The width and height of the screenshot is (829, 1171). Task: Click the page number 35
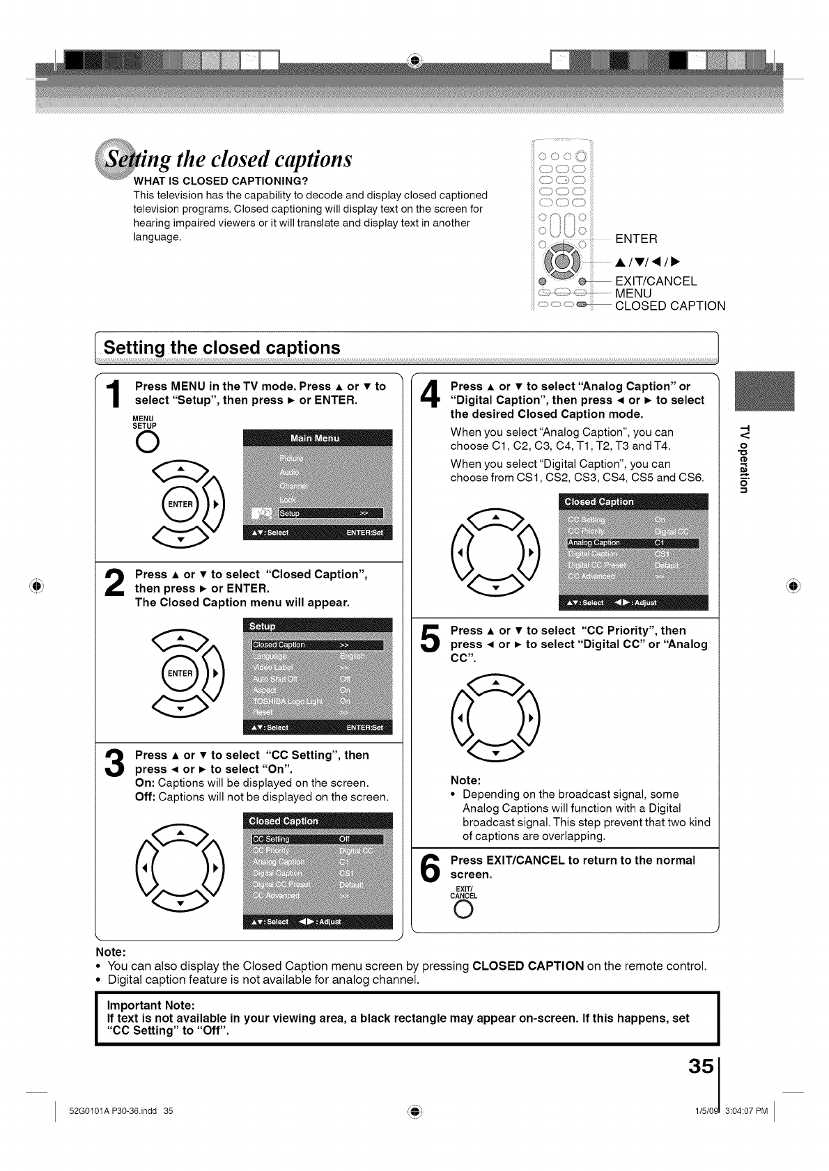point(699,1067)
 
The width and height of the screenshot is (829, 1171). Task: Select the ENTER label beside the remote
point(636,239)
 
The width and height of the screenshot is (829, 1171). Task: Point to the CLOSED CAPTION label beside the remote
point(669,306)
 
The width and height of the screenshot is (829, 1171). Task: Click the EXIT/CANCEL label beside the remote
point(656,281)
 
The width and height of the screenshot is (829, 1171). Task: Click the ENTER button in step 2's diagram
point(180,673)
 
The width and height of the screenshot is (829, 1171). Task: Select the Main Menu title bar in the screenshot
point(318,438)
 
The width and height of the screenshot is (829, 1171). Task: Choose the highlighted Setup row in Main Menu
point(330,514)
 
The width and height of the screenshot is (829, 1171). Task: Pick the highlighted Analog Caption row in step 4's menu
point(633,543)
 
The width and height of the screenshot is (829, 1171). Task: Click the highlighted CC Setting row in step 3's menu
point(317,839)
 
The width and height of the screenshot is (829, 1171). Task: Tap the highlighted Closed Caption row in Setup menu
point(317,644)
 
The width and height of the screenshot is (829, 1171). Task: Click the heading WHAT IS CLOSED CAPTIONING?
point(215,182)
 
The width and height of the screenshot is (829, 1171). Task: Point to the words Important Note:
point(150,1005)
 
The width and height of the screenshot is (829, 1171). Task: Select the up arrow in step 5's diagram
point(495,683)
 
